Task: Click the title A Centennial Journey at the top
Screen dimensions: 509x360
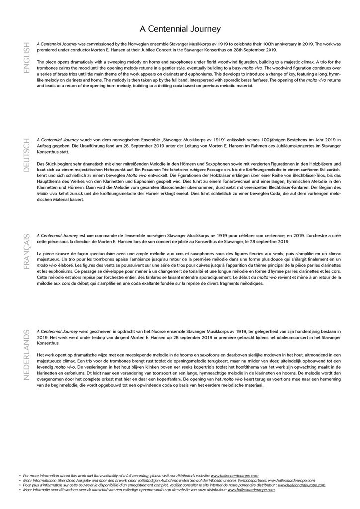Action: [180, 29]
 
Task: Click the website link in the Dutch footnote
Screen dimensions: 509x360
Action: [251, 490]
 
